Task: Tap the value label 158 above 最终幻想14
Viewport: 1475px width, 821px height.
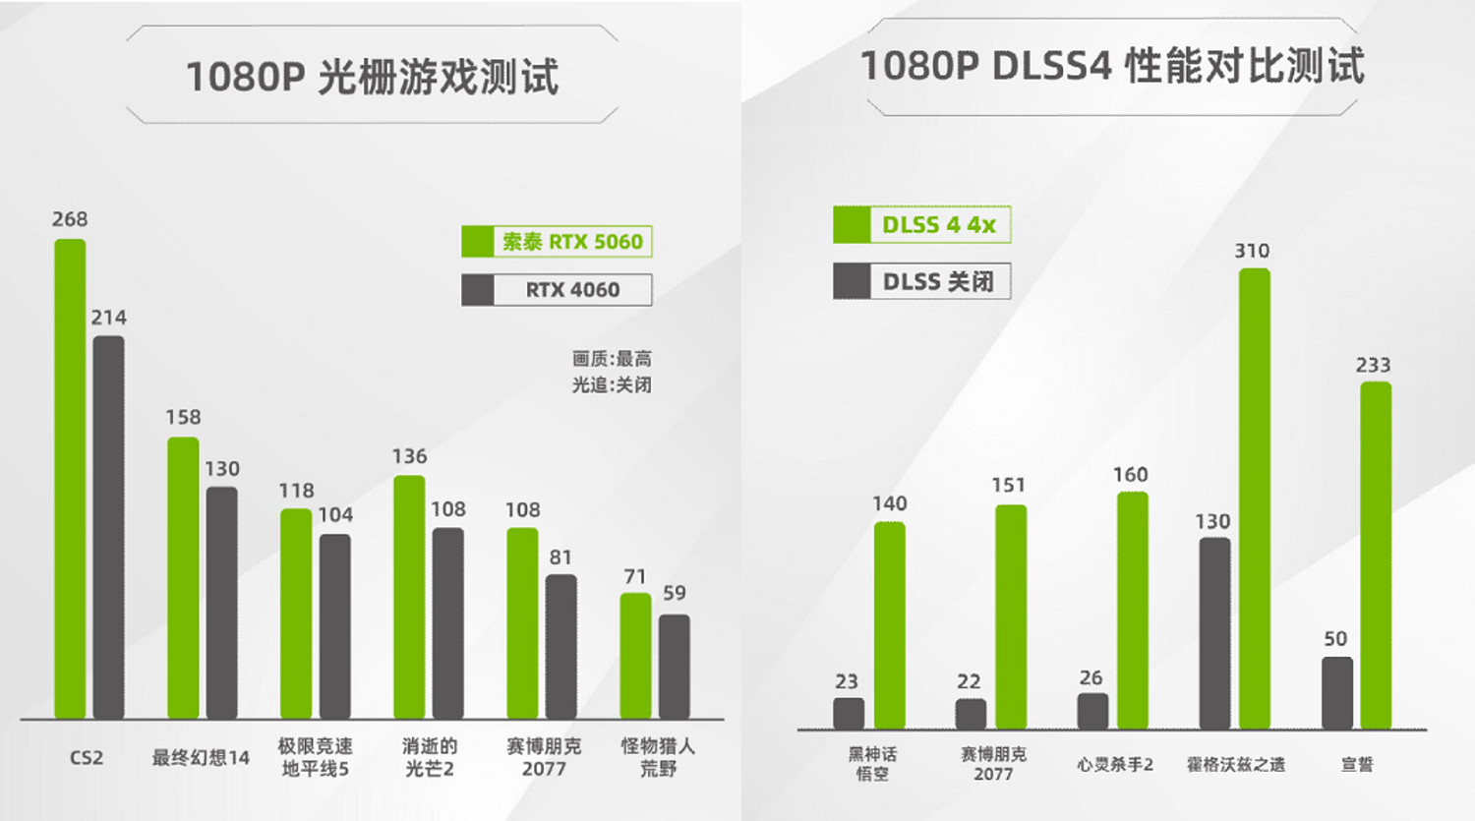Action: tap(183, 418)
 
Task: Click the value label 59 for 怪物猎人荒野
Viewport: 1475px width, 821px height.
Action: tap(675, 593)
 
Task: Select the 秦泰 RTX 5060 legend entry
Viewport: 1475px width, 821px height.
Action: tap(557, 242)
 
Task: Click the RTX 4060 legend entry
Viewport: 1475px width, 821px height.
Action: tap(557, 290)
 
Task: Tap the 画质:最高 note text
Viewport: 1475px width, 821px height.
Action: tap(612, 359)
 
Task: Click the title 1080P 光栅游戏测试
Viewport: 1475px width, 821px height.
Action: tap(372, 77)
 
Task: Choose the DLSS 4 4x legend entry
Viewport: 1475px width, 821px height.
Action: tap(921, 225)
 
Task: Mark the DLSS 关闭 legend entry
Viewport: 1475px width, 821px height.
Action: tap(921, 282)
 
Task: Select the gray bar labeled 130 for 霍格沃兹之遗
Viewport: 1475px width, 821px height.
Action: tap(1214, 633)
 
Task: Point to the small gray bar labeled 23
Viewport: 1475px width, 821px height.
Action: tap(849, 714)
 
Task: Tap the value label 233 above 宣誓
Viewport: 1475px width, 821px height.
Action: tap(1373, 366)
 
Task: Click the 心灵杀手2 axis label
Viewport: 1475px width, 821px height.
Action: tap(1114, 764)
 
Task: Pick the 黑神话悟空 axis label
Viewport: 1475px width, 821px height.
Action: tap(872, 764)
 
